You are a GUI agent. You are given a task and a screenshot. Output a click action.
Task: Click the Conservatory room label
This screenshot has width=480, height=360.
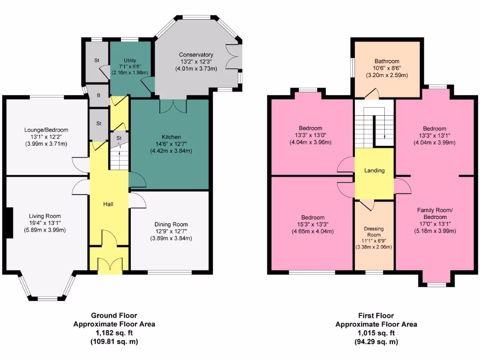pos(196,55)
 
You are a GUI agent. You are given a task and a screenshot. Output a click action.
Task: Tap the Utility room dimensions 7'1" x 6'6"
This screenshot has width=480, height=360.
pos(130,67)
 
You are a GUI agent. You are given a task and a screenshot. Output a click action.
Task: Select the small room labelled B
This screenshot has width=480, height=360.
pos(98,95)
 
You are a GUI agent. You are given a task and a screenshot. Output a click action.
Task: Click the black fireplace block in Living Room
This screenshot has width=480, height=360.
pos(8,223)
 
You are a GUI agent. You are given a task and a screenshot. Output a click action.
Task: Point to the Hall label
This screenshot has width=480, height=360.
pos(108,204)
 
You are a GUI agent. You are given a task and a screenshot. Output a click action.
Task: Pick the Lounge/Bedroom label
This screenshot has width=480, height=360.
pos(46,130)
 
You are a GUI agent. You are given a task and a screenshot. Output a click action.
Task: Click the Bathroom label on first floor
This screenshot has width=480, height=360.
pos(387,61)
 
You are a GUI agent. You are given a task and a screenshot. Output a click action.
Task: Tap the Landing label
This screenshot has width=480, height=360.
pos(374,171)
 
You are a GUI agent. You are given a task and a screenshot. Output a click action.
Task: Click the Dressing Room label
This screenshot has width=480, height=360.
pos(374,232)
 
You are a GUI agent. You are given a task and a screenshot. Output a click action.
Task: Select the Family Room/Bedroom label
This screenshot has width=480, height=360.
pos(432,214)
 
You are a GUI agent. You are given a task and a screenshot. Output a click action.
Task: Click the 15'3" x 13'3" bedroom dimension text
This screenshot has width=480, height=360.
pos(313,225)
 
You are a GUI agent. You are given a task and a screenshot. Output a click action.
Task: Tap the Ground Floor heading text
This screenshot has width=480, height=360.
pos(114,315)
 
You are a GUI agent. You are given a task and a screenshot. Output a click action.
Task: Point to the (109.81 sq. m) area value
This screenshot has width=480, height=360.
pos(114,342)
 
